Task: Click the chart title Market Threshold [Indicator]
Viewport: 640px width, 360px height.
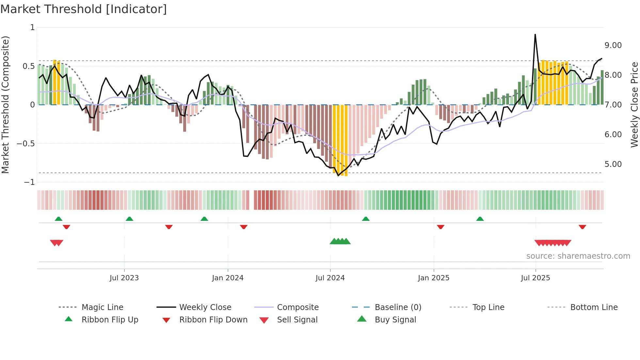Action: click(x=84, y=9)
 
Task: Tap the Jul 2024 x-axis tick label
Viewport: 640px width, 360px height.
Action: click(x=330, y=278)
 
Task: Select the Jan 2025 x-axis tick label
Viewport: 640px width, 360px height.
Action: click(x=433, y=278)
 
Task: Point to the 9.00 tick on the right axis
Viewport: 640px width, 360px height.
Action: click(x=613, y=45)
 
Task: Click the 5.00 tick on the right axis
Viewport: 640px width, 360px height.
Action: click(x=613, y=164)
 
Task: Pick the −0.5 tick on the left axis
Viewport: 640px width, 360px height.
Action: click(x=26, y=144)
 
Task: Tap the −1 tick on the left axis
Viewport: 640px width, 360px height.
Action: click(x=29, y=182)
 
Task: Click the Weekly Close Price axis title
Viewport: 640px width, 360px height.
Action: click(x=634, y=105)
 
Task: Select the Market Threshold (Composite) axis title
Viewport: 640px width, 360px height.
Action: click(x=5, y=105)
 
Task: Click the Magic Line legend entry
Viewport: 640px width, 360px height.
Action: click(x=102, y=307)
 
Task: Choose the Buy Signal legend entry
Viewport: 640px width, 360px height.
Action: click(x=395, y=320)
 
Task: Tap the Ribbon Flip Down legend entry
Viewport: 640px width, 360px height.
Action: click(x=213, y=320)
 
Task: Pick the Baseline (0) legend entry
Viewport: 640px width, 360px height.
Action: click(x=398, y=307)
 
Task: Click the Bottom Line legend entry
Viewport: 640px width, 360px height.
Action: click(x=594, y=307)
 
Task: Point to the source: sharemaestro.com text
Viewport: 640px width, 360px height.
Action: click(x=578, y=256)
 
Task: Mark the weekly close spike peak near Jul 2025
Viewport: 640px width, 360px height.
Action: click(x=535, y=34)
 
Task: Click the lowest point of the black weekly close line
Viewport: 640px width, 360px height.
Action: click(x=338, y=176)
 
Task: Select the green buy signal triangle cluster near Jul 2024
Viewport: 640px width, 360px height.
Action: click(x=340, y=241)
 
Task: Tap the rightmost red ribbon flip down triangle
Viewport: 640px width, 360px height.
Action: click(x=582, y=227)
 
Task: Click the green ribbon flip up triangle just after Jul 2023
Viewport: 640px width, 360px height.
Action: click(x=129, y=219)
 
